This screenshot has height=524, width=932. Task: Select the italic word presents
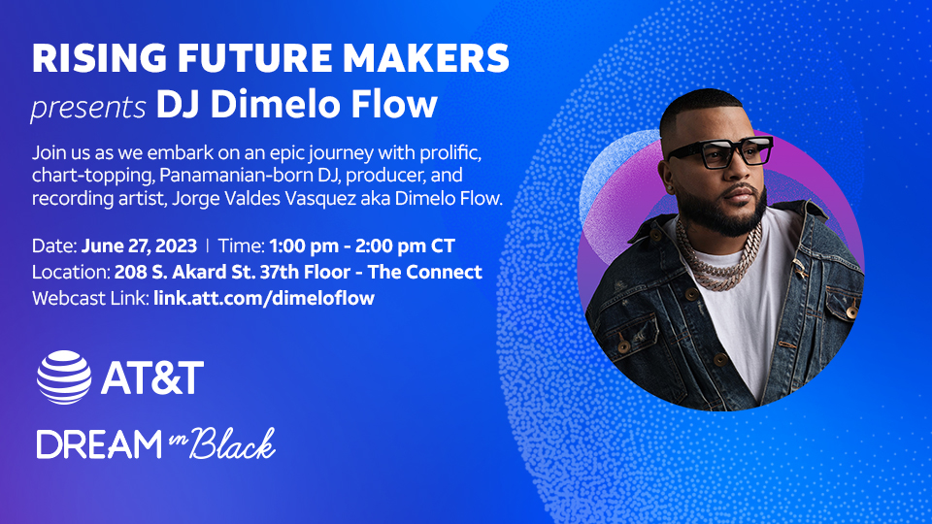(88, 108)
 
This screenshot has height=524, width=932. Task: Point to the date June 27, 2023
(139, 246)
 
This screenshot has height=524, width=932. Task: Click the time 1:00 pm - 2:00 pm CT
(362, 246)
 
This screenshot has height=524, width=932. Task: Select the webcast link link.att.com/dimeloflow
(264, 298)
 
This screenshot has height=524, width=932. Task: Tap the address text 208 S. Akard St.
(184, 272)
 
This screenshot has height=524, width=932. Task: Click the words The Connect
(424, 272)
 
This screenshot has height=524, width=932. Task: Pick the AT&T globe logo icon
(64, 377)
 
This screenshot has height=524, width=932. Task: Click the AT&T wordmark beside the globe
(152, 377)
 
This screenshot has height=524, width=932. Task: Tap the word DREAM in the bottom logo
(99, 445)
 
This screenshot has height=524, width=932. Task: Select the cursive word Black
(232, 443)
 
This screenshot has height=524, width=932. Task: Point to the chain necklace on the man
(718, 255)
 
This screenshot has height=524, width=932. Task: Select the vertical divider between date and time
(208, 246)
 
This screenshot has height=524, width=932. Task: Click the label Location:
(71, 272)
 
